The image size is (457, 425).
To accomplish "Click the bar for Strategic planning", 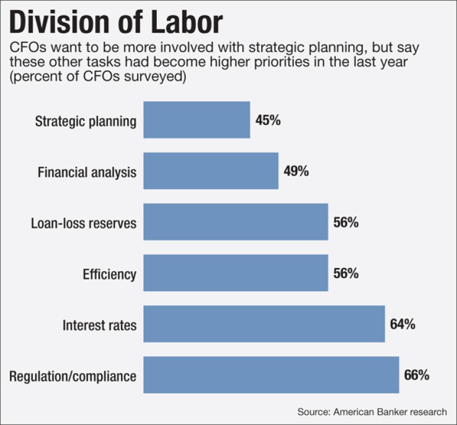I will (196, 120).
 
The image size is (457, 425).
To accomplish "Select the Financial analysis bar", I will (211, 171).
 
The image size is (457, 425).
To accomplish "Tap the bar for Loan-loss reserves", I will (235, 222).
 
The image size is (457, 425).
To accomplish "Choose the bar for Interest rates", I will (264, 324).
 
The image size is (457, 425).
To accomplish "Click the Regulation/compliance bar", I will (271, 375).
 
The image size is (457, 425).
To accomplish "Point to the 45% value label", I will (268, 120).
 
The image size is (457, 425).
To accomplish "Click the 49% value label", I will (296, 171).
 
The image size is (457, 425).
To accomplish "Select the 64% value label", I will (403, 324).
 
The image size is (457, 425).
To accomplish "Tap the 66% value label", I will (417, 375).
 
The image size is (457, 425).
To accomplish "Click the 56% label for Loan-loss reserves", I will (346, 222).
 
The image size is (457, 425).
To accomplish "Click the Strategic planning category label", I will (85, 120).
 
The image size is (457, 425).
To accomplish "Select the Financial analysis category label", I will (88, 172).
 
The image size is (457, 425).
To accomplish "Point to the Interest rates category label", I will (99, 324).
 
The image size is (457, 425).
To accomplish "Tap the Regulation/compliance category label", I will (73, 376).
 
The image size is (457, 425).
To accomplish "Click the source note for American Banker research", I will (372, 411).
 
